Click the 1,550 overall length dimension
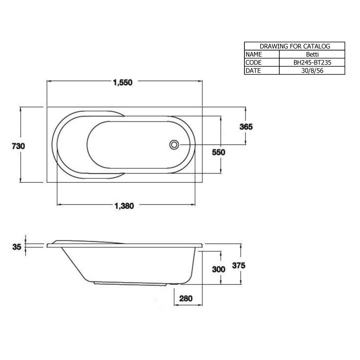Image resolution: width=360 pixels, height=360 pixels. pos(122,82)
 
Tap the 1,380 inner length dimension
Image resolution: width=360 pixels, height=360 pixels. pos(124,206)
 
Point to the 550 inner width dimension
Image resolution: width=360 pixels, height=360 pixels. pos(219,152)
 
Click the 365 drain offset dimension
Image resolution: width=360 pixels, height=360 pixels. pos(246,127)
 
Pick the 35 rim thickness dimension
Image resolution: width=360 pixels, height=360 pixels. pos(16,247)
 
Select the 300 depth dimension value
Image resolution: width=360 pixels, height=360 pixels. pos(219,269)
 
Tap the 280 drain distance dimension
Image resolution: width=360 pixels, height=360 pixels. pos(186,298)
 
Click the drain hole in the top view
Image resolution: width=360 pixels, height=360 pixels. pos(174,144)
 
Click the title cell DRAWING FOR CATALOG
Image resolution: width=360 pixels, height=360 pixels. pos(294,46)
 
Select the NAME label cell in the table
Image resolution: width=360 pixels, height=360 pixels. pos(261,54)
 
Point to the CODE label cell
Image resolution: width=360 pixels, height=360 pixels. pos(261,62)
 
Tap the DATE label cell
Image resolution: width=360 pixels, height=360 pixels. pos(261,71)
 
